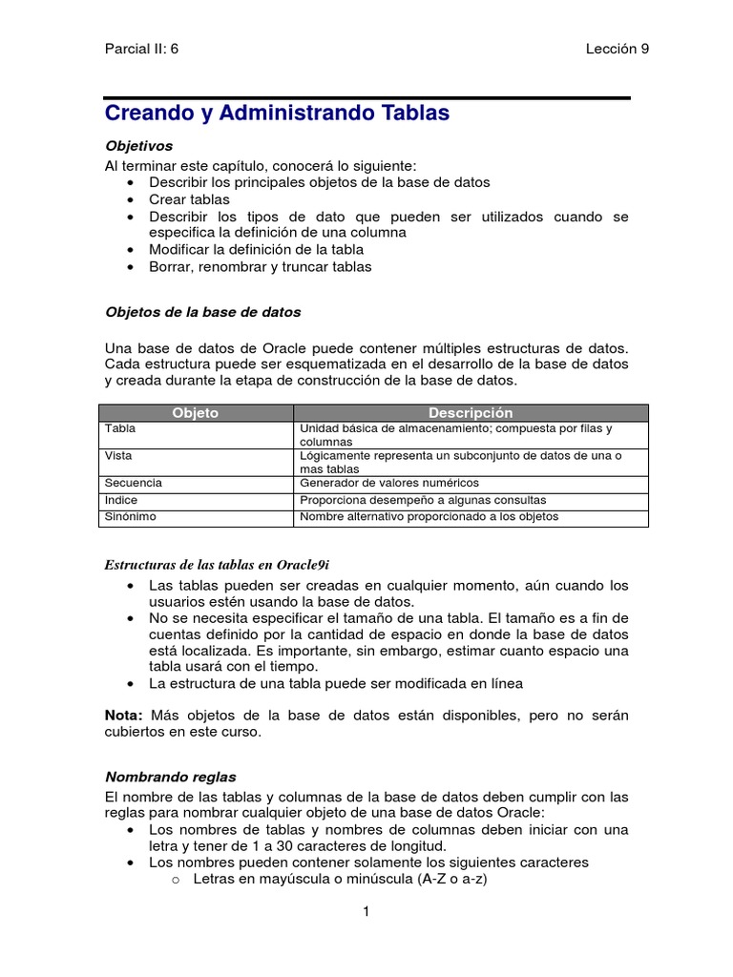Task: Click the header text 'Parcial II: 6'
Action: click(141, 50)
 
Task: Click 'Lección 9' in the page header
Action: click(617, 50)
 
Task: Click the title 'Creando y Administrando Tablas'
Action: click(276, 114)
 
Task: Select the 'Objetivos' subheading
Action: click(138, 146)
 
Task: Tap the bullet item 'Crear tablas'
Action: click(189, 199)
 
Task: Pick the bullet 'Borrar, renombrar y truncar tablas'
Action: click(260, 266)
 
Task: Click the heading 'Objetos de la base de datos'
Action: click(202, 312)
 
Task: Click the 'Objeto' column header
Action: click(195, 413)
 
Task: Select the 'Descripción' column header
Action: click(471, 413)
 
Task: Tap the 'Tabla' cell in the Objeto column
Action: click(120, 429)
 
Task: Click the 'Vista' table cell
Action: click(118, 456)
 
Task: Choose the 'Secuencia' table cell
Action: click(134, 483)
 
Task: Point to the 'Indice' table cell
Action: click(121, 500)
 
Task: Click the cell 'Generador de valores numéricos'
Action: click(389, 483)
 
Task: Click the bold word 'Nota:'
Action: click(123, 715)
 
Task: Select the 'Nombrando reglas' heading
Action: click(170, 778)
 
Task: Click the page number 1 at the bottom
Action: click(366, 912)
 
